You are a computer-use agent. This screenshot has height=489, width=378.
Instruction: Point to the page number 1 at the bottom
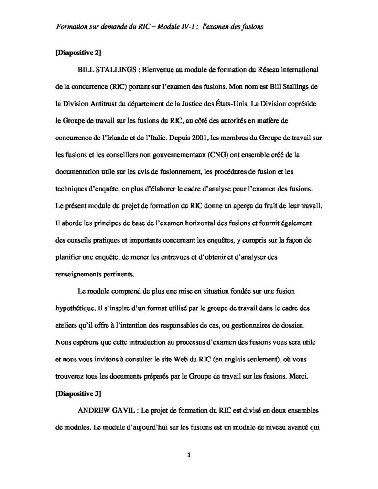(x=189, y=455)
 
